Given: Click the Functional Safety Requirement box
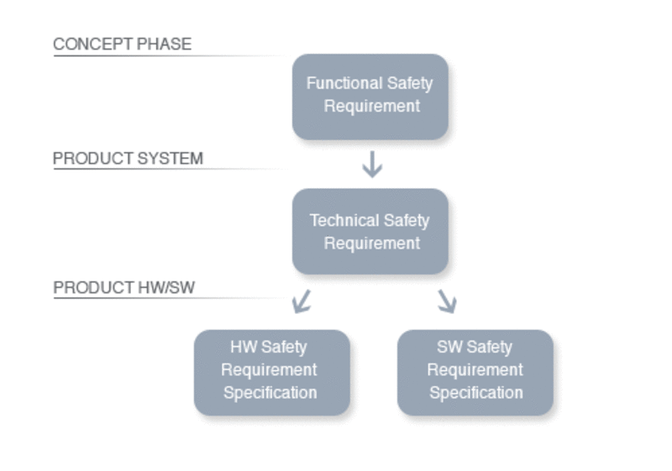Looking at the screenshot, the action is click(370, 97).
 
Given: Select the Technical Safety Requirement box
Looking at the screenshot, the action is click(370, 231).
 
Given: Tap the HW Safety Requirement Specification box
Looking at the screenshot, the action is click(271, 373).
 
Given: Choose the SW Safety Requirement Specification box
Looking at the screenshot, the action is click(475, 373).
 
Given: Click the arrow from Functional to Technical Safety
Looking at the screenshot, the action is click(372, 164).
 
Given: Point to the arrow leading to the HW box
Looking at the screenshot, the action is click(302, 301).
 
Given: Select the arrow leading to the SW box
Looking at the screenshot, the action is click(447, 301).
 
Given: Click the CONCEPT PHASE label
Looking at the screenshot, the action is click(122, 44).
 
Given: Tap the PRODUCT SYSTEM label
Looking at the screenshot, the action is click(128, 159).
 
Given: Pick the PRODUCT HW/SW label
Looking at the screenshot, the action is click(123, 287).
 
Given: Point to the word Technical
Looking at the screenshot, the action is click(344, 221).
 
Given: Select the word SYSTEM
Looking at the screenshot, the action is click(171, 159).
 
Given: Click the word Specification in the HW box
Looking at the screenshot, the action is click(270, 393).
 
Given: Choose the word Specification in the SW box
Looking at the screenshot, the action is click(476, 393).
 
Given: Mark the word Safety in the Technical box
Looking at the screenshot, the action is click(407, 221).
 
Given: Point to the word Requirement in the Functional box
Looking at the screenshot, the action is click(371, 106).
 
